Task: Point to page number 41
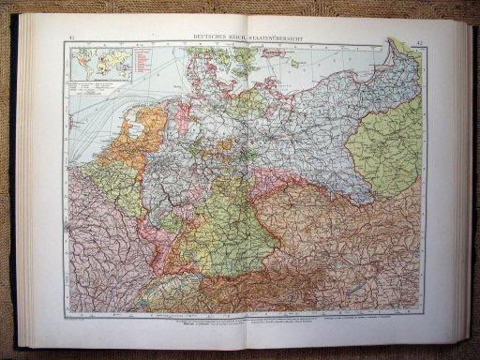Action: (73, 37)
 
